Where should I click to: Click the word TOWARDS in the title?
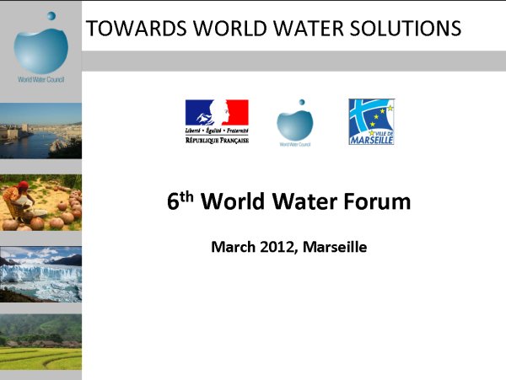click(x=136, y=28)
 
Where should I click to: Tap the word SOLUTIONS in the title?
click(x=406, y=28)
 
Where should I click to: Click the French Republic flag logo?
click(x=217, y=121)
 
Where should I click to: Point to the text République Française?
click(x=217, y=140)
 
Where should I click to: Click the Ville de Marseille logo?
click(x=371, y=122)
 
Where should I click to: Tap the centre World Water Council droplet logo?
click(x=295, y=123)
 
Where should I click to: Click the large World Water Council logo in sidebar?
click(x=41, y=47)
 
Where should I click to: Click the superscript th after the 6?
click(x=187, y=196)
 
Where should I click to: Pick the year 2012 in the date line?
click(x=277, y=247)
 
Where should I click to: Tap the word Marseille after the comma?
click(x=335, y=247)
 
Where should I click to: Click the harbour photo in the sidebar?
click(x=40, y=131)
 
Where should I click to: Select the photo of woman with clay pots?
click(x=40, y=203)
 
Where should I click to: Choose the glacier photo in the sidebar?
click(x=40, y=275)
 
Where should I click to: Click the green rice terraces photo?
click(x=40, y=342)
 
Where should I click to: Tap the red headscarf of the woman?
click(x=23, y=185)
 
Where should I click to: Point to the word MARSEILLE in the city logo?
click(x=372, y=140)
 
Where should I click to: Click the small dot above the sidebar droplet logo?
click(x=51, y=16)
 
